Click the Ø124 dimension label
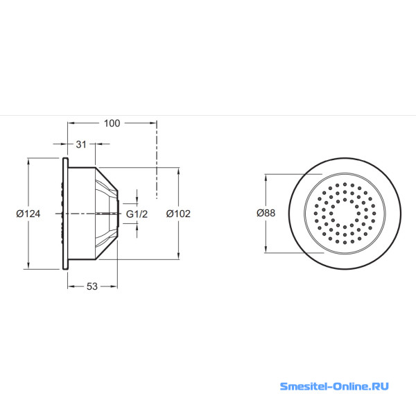point(28,214)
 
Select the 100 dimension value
point(112,123)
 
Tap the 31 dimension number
point(81,144)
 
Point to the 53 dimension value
point(92,286)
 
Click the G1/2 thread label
point(137,214)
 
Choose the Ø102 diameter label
point(178,214)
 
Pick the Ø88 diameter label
point(266,213)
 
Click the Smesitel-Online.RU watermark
point(334,386)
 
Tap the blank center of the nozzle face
point(345,214)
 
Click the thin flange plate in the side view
point(65,214)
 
